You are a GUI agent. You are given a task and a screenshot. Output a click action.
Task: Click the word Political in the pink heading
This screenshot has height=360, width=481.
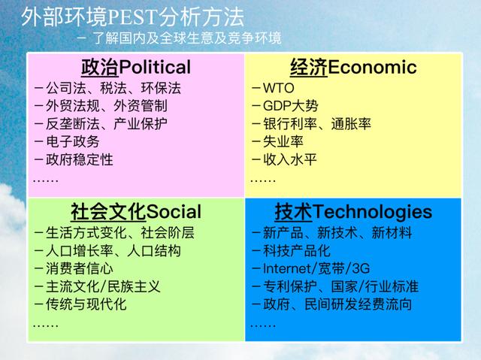point(155,67)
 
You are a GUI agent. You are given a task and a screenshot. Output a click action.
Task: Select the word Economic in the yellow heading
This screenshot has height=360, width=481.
point(373,67)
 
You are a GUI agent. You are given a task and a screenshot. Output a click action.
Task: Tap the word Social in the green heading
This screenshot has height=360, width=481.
point(174,212)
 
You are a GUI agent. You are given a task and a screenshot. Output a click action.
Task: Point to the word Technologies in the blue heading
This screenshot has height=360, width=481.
point(373,212)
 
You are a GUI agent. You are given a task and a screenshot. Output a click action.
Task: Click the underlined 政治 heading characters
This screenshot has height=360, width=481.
point(100,67)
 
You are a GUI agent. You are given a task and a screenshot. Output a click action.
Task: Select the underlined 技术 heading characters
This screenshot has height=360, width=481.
point(294,212)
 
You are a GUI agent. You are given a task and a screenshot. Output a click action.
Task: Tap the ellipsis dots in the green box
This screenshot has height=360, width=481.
point(46,325)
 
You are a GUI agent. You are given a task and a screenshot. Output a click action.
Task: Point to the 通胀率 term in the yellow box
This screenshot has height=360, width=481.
point(351,124)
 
